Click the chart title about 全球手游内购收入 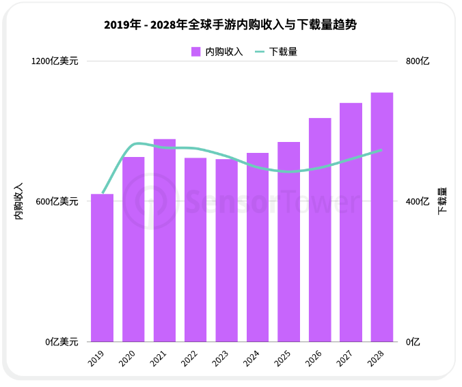[230, 25]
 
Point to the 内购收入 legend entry [217, 51]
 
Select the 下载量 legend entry [276, 51]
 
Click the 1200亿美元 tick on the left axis [55, 61]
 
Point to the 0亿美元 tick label [62, 342]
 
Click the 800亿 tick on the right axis [418, 61]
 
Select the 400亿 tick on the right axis [418, 201]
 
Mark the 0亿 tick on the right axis [413, 342]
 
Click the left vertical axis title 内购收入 [18, 201]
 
